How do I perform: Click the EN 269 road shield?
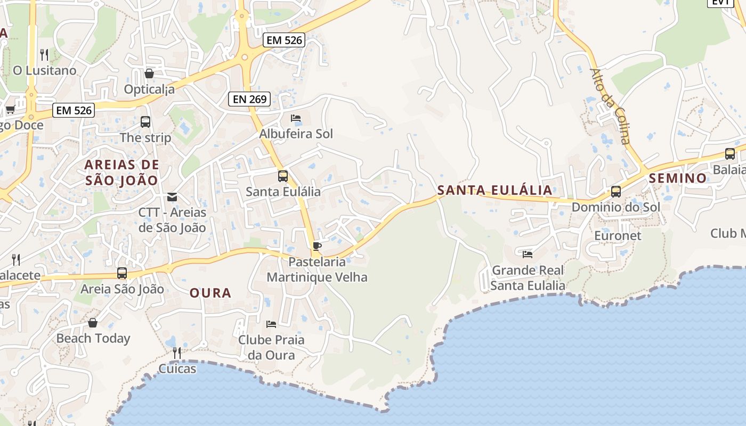(x=249, y=99)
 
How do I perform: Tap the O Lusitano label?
(x=45, y=70)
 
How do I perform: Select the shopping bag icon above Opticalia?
(x=149, y=73)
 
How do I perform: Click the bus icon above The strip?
(x=145, y=122)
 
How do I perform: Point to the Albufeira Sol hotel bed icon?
(x=296, y=118)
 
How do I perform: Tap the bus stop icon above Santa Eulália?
(x=283, y=176)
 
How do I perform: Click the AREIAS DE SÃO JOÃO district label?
(x=122, y=172)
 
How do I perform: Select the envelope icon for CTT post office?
(x=172, y=197)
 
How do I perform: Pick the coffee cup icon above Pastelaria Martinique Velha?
(x=317, y=246)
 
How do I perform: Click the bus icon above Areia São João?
(x=122, y=273)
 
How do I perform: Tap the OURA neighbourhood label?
(x=210, y=293)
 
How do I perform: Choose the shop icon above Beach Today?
(x=93, y=323)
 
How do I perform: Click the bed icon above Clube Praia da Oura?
(x=271, y=324)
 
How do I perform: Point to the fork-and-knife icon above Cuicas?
(x=177, y=353)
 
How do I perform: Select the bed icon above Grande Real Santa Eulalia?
(x=528, y=254)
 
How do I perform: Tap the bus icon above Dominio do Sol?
(x=616, y=192)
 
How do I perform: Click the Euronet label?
(x=618, y=235)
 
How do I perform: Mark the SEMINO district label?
(x=678, y=178)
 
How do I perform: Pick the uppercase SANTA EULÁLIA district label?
(x=494, y=190)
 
